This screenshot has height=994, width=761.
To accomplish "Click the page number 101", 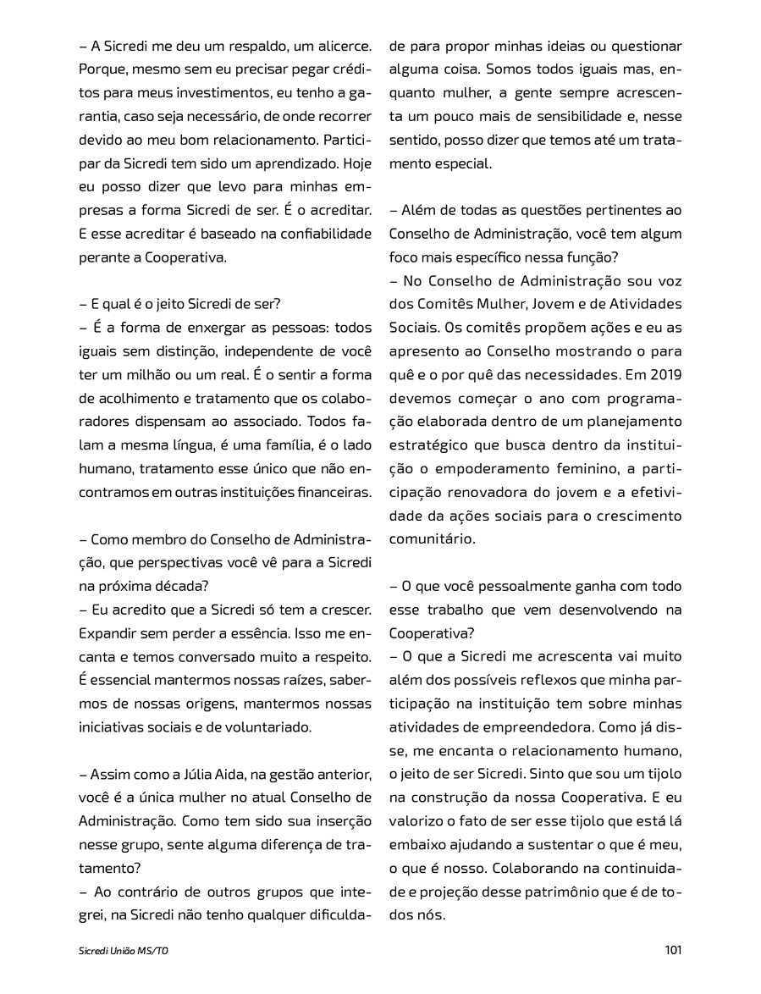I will point(673,950).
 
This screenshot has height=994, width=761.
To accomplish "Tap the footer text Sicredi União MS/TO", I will point(124,951).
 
